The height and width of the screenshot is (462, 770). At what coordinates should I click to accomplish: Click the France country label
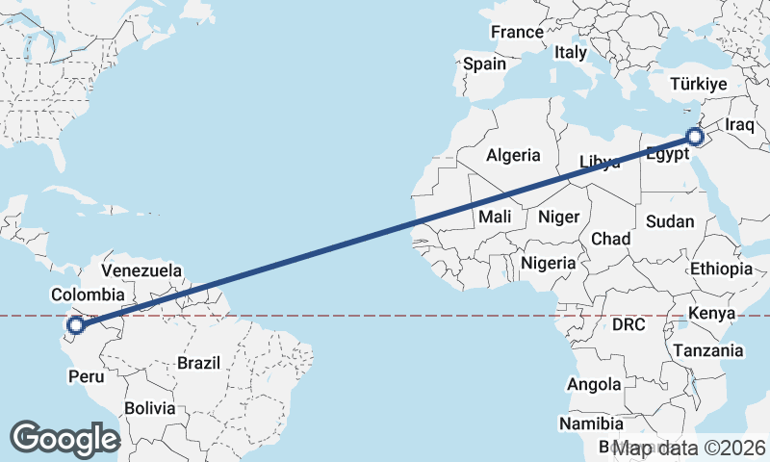pos(517,32)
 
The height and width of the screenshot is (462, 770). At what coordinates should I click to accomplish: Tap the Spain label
pos(484,64)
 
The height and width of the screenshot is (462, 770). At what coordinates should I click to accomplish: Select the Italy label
pos(570,53)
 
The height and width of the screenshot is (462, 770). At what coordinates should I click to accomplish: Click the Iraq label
pos(742,125)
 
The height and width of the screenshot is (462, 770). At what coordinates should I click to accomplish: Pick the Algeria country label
pos(513,155)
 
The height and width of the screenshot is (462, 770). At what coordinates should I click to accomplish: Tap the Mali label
pos(495,218)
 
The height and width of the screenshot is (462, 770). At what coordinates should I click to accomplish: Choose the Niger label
pos(558,217)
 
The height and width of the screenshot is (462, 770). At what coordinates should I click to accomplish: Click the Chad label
pos(611,239)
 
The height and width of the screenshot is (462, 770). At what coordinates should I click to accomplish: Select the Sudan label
pos(670,221)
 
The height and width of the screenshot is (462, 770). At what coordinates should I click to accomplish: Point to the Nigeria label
pos(548,263)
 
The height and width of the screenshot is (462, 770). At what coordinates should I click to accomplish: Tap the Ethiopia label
pos(722,269)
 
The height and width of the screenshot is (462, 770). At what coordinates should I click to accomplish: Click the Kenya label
pos(712,314)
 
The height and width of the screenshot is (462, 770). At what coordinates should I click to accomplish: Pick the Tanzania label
pos(708,351)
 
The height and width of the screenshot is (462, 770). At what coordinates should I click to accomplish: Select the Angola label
pos(594,385)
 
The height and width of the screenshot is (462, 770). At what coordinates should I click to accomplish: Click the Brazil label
pos(199,364)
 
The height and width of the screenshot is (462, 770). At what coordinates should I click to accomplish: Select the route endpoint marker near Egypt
pos(695,137)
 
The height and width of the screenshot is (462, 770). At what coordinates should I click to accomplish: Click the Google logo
pos(64,438)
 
